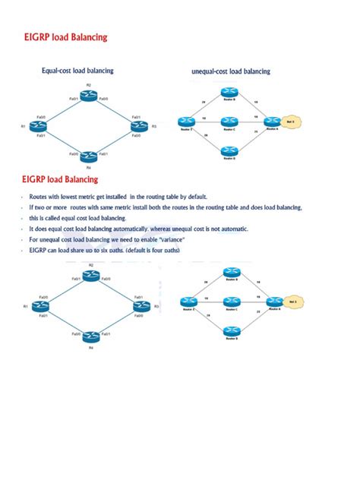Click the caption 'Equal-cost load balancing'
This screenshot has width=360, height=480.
click(77, 71)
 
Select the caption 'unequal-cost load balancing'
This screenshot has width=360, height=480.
click(231, 71)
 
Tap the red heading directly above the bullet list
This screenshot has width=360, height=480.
click(60, 180)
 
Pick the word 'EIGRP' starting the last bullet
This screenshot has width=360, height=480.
click(38, 251)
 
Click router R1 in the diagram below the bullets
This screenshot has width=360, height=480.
click(37, 306)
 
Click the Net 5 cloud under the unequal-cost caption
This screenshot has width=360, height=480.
click(290, 122)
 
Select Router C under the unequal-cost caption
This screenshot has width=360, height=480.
click(229, 122)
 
